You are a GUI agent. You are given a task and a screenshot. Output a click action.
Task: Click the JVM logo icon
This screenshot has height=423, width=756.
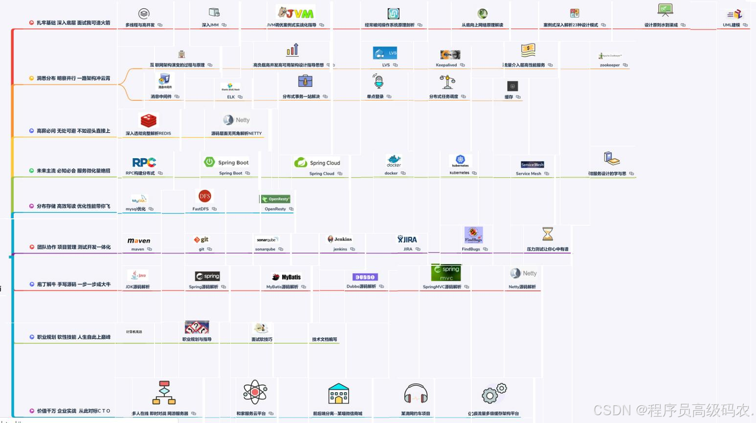click(296, 13)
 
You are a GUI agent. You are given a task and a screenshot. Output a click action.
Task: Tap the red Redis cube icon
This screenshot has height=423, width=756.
click(148, 120)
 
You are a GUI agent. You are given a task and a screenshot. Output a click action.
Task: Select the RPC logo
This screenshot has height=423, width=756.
click(144, 162)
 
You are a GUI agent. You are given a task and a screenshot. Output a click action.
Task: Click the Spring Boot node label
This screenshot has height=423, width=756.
click(230, 173)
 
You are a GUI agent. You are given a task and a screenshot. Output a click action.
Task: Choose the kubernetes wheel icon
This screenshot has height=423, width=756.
click(460, 160)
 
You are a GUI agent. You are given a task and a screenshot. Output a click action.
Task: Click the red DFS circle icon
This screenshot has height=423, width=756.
click(204, 196)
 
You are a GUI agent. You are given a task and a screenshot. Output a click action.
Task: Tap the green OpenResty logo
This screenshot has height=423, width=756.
click(275, 199)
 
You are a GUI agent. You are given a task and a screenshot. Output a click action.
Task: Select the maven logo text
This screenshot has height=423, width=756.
click(139, 240)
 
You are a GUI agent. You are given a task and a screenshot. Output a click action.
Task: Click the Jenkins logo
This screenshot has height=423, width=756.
click(340, 239)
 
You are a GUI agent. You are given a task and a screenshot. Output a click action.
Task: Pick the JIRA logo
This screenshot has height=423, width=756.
click(407, 239)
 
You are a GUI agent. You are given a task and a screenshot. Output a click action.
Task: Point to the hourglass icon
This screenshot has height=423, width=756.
click(547, 234)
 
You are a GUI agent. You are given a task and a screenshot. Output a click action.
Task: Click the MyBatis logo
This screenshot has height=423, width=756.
click(287, 277)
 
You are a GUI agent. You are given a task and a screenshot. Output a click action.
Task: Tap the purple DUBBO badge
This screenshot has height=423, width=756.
click(365, 277)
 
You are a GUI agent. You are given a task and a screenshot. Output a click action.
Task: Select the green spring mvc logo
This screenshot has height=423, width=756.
click(446, 273)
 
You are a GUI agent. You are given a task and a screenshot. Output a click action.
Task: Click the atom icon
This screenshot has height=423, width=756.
click(255, 392)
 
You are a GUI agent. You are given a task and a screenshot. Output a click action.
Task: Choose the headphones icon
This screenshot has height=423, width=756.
click(416, 393)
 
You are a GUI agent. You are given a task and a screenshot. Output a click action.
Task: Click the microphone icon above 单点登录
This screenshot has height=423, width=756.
click(378, 81)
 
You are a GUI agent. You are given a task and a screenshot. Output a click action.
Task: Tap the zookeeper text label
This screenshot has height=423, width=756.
click(609, 65)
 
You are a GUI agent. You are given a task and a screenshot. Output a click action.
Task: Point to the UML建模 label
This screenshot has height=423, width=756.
click(731, 25)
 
